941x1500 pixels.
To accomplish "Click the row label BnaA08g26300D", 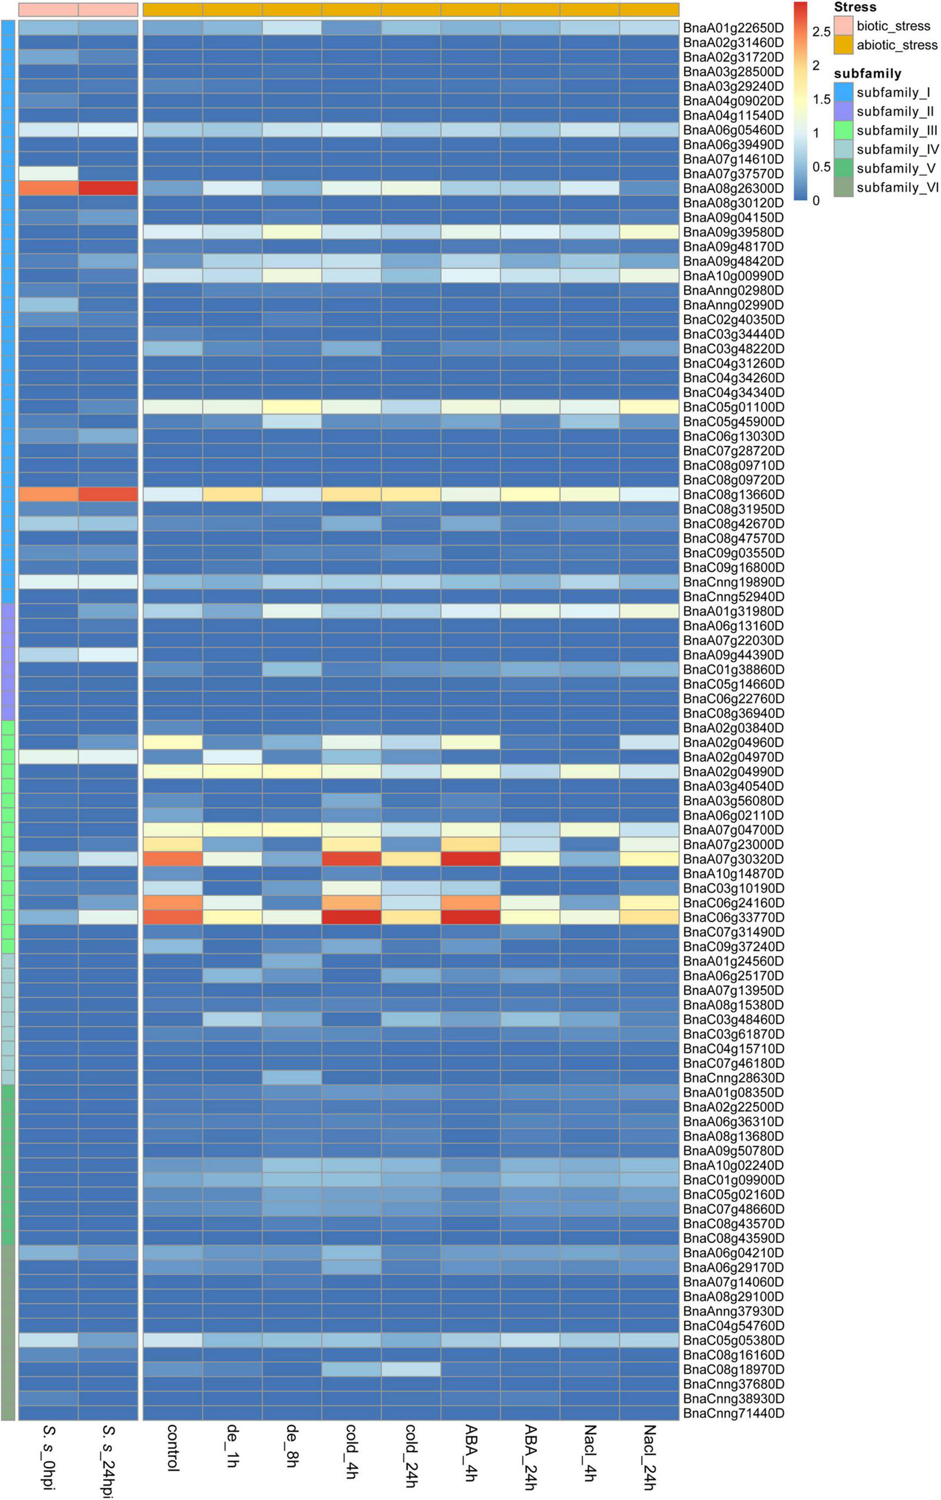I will [733, 188].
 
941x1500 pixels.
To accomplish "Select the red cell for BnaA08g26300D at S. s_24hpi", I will [108, 188].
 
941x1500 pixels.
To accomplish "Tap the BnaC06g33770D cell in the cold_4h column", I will [352, 917].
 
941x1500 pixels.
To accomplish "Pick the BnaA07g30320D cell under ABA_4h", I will [470, 859].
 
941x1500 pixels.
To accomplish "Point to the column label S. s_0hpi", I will [49, 1456].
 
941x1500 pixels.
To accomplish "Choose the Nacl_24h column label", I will [649, 1456].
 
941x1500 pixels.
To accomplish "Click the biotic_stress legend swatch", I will [843, 26].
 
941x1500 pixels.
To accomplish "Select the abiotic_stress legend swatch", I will [843, 45].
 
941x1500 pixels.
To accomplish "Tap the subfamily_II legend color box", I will [843, 112].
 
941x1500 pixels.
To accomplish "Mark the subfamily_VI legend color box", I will [843, 187].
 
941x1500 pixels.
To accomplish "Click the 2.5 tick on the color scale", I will [822, 32].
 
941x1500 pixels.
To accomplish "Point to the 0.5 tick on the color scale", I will [822, 167].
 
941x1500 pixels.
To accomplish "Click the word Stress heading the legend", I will [855, 7].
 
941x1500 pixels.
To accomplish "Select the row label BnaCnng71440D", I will [733, 1413].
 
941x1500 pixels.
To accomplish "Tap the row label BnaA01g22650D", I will [733, 28].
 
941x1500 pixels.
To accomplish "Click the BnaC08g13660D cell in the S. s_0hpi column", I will [49, 494].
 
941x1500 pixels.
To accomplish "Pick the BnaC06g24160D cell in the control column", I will [173, 903].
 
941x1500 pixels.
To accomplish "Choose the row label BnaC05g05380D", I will [733, 1340].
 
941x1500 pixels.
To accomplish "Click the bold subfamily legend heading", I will [867, 74].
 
